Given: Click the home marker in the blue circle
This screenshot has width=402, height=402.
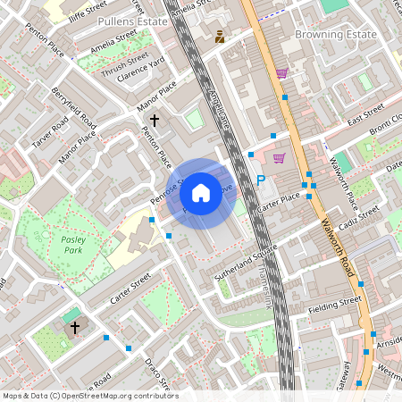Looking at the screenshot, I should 201,192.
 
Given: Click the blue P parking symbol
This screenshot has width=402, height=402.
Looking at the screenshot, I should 261,180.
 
